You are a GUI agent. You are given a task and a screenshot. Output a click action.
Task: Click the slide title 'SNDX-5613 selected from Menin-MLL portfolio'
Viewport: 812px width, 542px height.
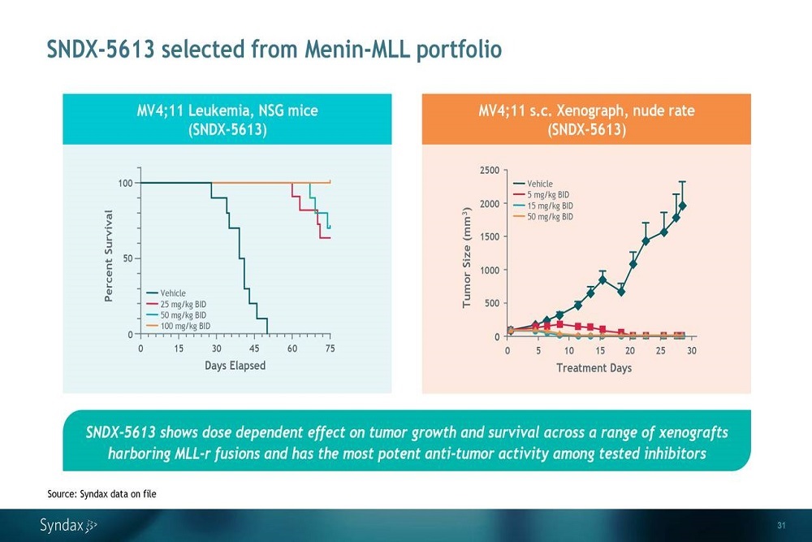click(x=274, y=50)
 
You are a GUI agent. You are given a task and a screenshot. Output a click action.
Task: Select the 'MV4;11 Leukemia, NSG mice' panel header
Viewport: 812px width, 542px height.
click(x=227, y=119)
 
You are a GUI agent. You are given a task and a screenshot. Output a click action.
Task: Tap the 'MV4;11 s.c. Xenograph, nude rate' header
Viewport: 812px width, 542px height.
click(x=586, y=119)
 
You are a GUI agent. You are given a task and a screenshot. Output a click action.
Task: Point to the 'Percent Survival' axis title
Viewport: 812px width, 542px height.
click(x=109, y=256)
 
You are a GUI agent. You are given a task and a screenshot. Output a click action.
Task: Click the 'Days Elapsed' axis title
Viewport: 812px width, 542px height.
click(x=235, y=365)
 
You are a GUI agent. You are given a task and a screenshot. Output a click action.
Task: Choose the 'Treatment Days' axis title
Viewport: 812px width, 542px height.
click(x=593, y=367)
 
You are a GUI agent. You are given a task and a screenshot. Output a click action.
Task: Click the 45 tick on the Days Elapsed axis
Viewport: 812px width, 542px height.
click(x=254, y=348)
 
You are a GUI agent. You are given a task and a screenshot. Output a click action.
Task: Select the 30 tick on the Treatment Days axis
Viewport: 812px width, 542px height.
click(x=691, y=350)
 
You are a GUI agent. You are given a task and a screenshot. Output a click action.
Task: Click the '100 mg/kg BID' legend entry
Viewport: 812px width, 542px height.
click(x=185, y=325)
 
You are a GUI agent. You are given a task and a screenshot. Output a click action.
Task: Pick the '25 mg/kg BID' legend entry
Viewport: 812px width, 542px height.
click(x=183, y=304)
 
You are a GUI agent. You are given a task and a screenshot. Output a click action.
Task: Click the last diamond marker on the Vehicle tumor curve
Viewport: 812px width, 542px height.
click(x=683, y=206)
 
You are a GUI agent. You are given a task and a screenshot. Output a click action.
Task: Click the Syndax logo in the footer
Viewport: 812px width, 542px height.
click(x=68, y=525)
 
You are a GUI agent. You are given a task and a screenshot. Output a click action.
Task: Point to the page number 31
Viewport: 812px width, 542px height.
click(x=782, y=523)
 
